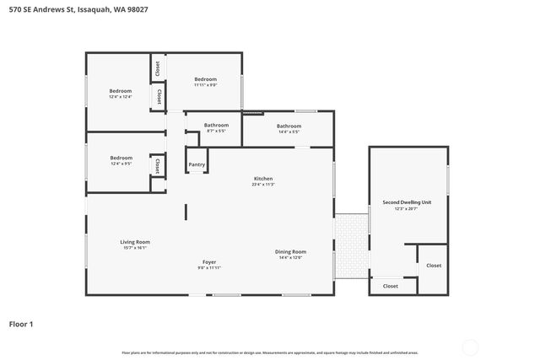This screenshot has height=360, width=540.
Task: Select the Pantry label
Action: [x=197, y=164]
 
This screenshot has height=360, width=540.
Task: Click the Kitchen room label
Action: [x=263, y=179]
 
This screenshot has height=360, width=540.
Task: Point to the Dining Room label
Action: [x=290, y=251]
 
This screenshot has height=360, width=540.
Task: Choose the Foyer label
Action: [x=209, y=262]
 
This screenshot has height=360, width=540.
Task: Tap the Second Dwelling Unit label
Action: [x=407, y=202]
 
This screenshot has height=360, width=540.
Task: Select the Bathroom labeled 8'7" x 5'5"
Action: [x=216, y=126]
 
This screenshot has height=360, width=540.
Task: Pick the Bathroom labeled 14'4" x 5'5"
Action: [x=289, y=126]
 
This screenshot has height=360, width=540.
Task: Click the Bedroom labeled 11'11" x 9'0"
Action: [x=206, y=79]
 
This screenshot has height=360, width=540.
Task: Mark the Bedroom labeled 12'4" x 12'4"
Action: [x=121, y=91]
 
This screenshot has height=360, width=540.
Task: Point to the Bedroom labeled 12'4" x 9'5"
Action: [x=121, y=158]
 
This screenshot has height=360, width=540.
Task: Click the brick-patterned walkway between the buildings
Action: [x=351, y=244]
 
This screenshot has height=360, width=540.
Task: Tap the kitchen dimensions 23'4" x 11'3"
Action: [x=263, y=185]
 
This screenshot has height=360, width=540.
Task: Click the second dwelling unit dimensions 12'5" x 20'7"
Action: [x=407, y=208]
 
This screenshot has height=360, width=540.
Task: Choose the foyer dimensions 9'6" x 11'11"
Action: [x=209, y=268]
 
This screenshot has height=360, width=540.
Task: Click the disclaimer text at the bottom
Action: [x=270, y=352]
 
